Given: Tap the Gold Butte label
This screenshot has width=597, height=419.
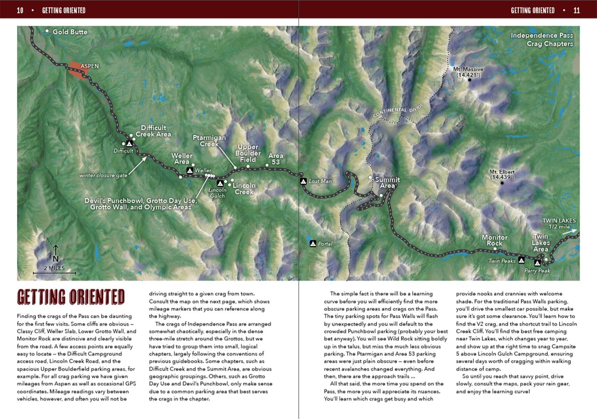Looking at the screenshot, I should point(70,32).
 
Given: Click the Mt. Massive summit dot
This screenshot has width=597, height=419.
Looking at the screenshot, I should point(469,80).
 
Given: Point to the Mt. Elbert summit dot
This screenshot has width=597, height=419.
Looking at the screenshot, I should point(502,183).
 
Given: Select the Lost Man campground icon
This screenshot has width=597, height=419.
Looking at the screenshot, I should point(303,181).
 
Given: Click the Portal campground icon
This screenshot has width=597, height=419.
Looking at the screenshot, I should point(313,243).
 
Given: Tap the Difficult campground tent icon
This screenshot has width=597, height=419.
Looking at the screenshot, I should point(129,144).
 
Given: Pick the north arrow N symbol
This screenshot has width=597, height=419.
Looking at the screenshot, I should point(56,254).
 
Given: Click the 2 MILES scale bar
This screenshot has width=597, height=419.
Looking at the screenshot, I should point(54,272).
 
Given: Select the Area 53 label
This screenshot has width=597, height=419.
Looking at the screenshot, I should point(275,159).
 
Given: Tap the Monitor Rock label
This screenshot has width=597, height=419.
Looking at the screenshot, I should point(494,240).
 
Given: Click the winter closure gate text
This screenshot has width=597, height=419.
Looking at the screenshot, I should point(103,175).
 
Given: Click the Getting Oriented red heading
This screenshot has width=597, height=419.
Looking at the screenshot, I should point(71,297).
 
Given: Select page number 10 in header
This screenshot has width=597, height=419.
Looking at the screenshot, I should point(20,10).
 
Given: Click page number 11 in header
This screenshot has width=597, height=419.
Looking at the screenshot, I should point(576,10).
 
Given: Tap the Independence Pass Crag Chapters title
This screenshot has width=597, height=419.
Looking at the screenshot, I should point(541,39).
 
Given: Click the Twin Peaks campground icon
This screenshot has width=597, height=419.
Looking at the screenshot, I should point(521,260).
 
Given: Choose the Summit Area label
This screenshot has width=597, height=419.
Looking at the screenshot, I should point(387,183).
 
